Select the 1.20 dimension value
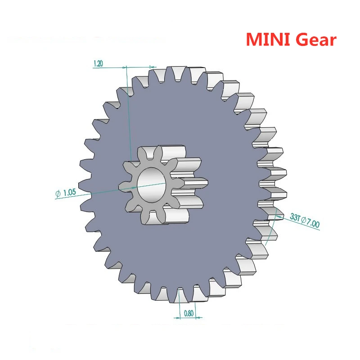98,64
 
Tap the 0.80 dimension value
189,314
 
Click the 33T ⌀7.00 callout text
305,220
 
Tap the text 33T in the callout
295,217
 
